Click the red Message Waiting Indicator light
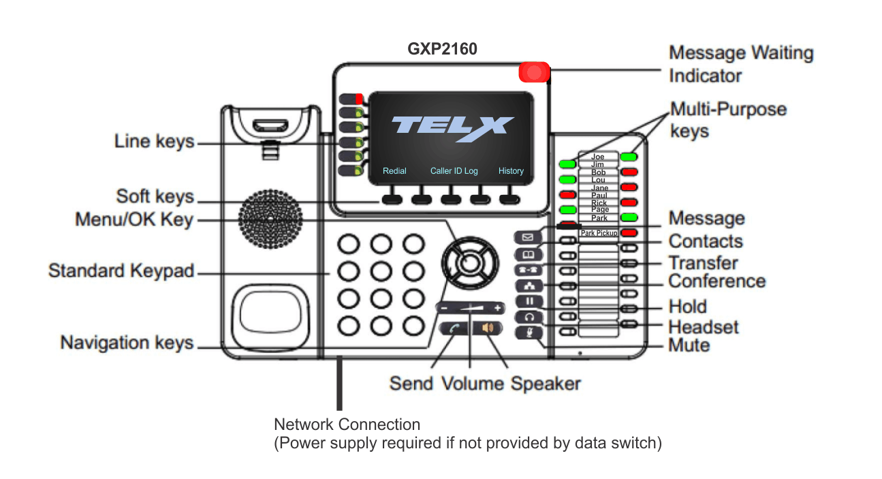(535, 72)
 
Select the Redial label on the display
(394, 171)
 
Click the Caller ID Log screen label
(454, 171)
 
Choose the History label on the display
(511, 171)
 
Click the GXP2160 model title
(442, 50)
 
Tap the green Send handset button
(453, 328)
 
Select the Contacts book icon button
(528, 254)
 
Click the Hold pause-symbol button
(529, 301)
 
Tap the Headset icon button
(529, 317)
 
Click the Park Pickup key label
(599, 233)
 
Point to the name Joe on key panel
(597, 157)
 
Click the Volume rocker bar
(470, 308)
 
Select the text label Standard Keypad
(121, 271)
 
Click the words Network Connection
(347, 424)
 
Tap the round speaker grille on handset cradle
(270, 219)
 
